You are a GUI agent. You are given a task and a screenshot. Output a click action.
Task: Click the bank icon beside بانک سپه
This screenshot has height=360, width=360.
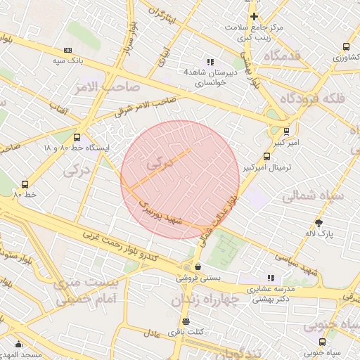pyautogui.click(x=67, y=50)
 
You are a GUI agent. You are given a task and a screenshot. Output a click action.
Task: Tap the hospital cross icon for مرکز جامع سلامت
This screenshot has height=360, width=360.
pyautogui.click(x=254, y=16)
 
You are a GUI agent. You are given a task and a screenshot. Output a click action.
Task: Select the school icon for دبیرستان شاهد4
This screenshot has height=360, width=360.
pyautogui.click(x=210, y=62)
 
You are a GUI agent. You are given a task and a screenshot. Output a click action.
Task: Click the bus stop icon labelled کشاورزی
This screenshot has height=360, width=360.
pyautogui.click(x=346, y=46)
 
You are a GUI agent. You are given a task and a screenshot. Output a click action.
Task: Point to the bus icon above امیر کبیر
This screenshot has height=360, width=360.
pyautogui.click(x=286, y=131)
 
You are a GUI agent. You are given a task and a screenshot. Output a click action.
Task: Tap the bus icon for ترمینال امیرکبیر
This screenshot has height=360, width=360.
pyautogui.click(x=266, y=157)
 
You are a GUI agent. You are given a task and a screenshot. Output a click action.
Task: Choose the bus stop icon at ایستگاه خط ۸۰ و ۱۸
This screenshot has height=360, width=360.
pyautogui.click(x=77, y=138)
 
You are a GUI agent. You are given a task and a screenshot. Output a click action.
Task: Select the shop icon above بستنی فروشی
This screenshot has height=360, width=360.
pyautogui.click(x=198, y=267)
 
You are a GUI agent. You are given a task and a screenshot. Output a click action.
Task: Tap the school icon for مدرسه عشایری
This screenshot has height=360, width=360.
pyautogui.click(x=271, y=278)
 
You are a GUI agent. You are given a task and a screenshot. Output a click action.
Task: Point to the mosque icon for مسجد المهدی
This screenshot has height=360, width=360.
pyautogui.click(x=18, y=345)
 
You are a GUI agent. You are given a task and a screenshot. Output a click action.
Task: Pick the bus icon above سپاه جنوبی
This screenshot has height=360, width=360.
pyautogui.click(x=322, y=342)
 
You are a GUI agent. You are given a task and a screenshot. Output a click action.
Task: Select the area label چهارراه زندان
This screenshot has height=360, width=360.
pyautogui.click(x=205, y=300)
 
